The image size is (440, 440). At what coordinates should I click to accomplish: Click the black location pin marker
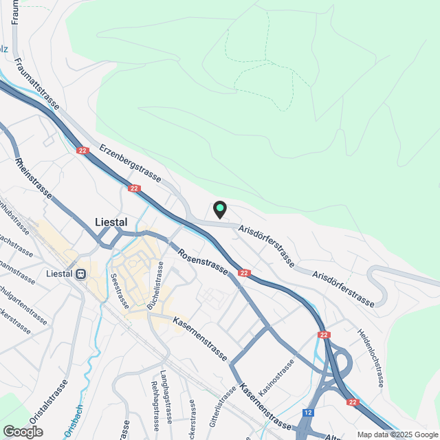tap(220, 208)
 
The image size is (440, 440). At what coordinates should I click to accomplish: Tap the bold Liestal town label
tap(110, 222)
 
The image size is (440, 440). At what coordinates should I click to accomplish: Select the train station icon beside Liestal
tap(81, 274)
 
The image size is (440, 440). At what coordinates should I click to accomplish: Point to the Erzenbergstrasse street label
tap(131, 159)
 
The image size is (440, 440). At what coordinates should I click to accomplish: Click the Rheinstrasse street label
tap(34, 179)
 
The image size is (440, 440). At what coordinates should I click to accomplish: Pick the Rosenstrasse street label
tap(203, 262)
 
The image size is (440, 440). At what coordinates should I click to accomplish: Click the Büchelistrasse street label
tap(159, 282)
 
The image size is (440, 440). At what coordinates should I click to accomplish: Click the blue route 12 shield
tap(308, 413)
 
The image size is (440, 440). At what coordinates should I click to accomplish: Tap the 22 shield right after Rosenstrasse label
tap(244, 273)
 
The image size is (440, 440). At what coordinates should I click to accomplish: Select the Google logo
tap(23, 431)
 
